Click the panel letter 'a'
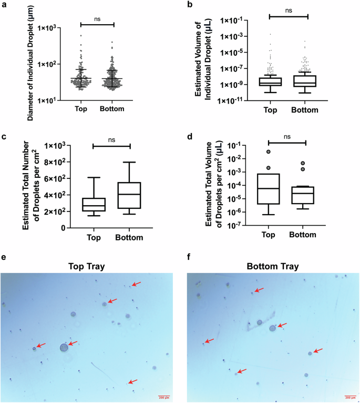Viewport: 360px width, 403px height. click(4, 5)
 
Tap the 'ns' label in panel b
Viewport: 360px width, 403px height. click(288, 9)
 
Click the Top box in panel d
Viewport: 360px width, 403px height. click(269, 188)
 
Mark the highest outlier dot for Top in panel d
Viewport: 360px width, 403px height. click(269, 152)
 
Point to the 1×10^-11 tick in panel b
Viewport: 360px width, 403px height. click(235, 100)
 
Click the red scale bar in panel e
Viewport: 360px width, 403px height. click(163, 396)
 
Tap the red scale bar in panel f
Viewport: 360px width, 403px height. click(350, 396)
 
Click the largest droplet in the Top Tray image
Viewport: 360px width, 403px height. click(64, 347)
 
